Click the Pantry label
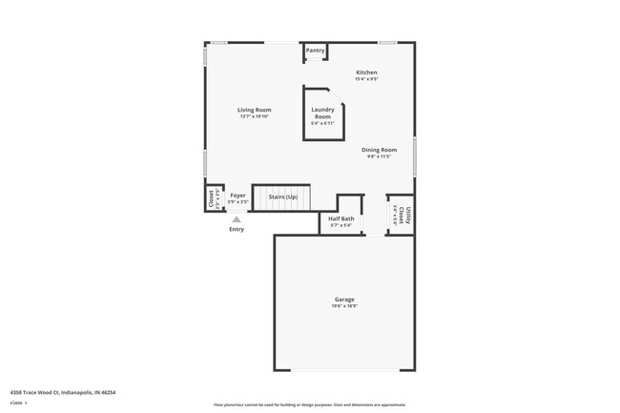click(x=315, y=51)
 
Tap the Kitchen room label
click(x=366, y=72)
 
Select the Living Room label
click(x=255, y=110)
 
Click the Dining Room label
click(x=379, y=150)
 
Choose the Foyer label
click(x=238, y=196)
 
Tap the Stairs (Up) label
click(x=282, y=196)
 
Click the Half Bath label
click(x=341, y=218)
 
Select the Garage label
click(x=343, y=299)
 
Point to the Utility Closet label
click(x=406, y=215)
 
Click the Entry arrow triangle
click(x=237, y=218)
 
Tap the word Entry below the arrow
click(x=237, y=229)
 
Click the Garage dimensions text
click(x=343, y=307)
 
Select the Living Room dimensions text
click(x=255, y=116)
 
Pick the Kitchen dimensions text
click(x=366, y=79)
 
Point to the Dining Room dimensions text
click(x=379, y=156)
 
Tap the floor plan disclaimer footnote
click(x=309, y=404)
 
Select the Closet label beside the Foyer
click(x=211, y=198)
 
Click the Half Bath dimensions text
click(x=341, y=225)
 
